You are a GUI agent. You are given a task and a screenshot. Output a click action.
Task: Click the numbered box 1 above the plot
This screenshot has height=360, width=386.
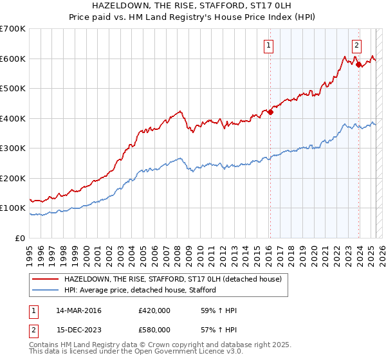click(268, 45)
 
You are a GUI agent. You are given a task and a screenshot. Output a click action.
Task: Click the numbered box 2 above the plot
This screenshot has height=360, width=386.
click(356, 45)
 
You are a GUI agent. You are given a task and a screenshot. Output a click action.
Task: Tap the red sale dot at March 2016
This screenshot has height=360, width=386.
click(270, 113)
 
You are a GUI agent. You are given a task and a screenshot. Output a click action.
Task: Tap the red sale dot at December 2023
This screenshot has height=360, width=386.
click(358, 64)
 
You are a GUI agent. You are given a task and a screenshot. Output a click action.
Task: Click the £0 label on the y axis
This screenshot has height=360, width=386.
click(21, 238)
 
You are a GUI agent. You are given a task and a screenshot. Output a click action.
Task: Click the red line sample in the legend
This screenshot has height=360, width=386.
click(46, 280)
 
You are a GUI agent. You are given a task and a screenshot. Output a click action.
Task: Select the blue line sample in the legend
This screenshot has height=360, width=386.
click(46, 290)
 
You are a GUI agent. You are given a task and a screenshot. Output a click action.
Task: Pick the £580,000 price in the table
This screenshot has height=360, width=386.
click(154, 330)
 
